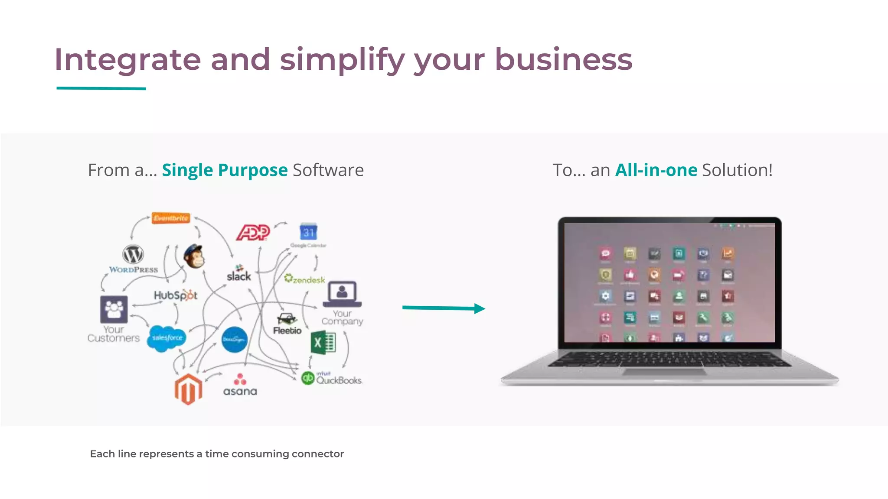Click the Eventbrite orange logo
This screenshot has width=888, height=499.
coord(171,218)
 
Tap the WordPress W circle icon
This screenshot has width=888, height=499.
coord(133,254)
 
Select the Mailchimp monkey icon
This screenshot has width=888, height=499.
coord(193,257)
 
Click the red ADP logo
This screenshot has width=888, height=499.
coord(253,233)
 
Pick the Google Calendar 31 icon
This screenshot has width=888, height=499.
coord(308,232)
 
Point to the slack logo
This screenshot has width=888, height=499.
coord(239,274)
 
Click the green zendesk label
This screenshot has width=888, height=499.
coord(305,279)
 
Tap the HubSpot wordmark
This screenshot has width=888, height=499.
coord(176,295)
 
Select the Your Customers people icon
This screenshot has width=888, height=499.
coord(114,309)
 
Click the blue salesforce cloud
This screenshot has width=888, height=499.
coord(167,338)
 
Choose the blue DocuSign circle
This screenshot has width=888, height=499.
coord(234,340)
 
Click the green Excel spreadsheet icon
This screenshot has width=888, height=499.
coord(323,343)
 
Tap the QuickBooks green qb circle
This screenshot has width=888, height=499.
coord(308,378)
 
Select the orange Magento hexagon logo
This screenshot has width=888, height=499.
coord(188,389)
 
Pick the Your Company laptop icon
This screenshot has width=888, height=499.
coord(342,294)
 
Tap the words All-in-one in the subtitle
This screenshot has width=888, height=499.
coord(656,170)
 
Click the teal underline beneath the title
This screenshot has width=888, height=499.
coord(101,88)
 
